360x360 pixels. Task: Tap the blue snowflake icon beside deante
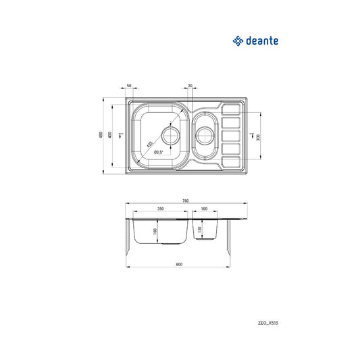[238, 41]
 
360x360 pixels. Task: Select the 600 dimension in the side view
[179, 263]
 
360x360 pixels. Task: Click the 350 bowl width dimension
[160, 209]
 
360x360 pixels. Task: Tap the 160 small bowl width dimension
[204, 209]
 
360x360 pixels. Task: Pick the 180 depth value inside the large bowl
[155, 232]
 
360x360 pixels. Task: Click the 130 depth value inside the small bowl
[199, 230]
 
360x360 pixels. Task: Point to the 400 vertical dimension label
[110, 135]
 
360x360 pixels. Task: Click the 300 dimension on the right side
[257, 136]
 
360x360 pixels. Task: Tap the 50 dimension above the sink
[128, 86]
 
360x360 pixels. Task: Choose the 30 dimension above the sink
[190, 86]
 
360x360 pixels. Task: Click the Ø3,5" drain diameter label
[159, 152]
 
